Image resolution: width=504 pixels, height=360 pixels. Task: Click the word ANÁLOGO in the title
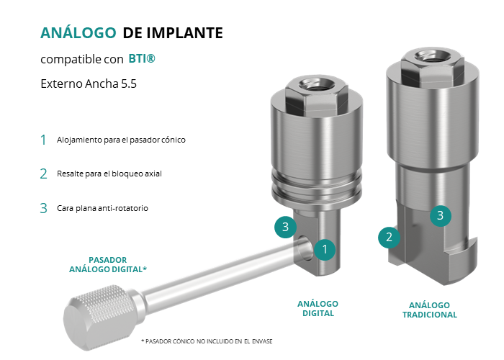tap(78, 32)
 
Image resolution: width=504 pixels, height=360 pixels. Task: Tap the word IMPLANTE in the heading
tap(184, 33)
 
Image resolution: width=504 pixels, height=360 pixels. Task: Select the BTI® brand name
tap(142, 58)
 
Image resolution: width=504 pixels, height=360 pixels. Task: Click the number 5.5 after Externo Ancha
tap(129, 84)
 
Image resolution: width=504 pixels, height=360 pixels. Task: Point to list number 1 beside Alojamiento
tap(43, 140)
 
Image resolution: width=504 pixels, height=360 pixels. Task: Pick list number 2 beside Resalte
tap(43, 174)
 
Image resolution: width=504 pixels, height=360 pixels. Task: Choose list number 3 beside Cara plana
tap(43, 208)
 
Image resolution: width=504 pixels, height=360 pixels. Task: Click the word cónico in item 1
tap(174, 140)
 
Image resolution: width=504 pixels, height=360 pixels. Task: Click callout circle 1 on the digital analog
tap(325, 249)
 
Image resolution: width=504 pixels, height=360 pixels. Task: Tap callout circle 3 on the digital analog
tap(285, 227)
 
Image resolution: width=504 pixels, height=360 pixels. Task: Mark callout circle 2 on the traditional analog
tap(389, 237)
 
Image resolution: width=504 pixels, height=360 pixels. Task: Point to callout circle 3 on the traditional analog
tap(441, 216)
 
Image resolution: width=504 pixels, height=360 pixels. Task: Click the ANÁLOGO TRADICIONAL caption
tap(430, 310)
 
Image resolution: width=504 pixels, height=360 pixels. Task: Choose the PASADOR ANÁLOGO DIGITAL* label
tap(108, 264)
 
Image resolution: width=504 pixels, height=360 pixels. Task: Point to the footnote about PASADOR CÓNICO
tap(207, 341)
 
